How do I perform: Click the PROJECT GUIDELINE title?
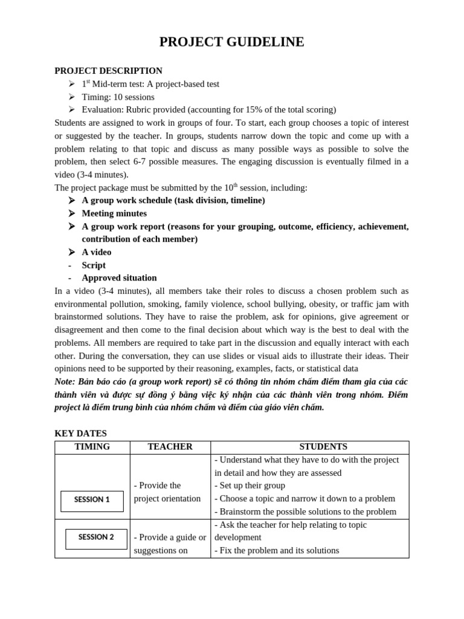point(231,42)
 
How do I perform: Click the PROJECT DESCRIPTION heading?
point(108,71)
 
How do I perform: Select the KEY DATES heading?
point(80,433)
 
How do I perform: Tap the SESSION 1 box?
point(92,501)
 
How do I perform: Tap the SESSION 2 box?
point(96,538)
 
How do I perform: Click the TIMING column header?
point(92,447)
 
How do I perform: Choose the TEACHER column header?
point(170,447)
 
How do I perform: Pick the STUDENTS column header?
point(323,447)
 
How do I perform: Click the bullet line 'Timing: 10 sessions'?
point(118,97)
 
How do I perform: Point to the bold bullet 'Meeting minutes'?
point(114,213)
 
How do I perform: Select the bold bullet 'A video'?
point(97,252)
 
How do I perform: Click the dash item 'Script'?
point(94,265)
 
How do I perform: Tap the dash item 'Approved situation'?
point(119,278)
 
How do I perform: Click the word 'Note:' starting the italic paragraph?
point(65,381)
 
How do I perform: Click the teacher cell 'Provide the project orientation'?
point(167,492)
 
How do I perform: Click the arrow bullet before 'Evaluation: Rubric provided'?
point(72,109)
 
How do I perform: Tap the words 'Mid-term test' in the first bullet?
point(118,84)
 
